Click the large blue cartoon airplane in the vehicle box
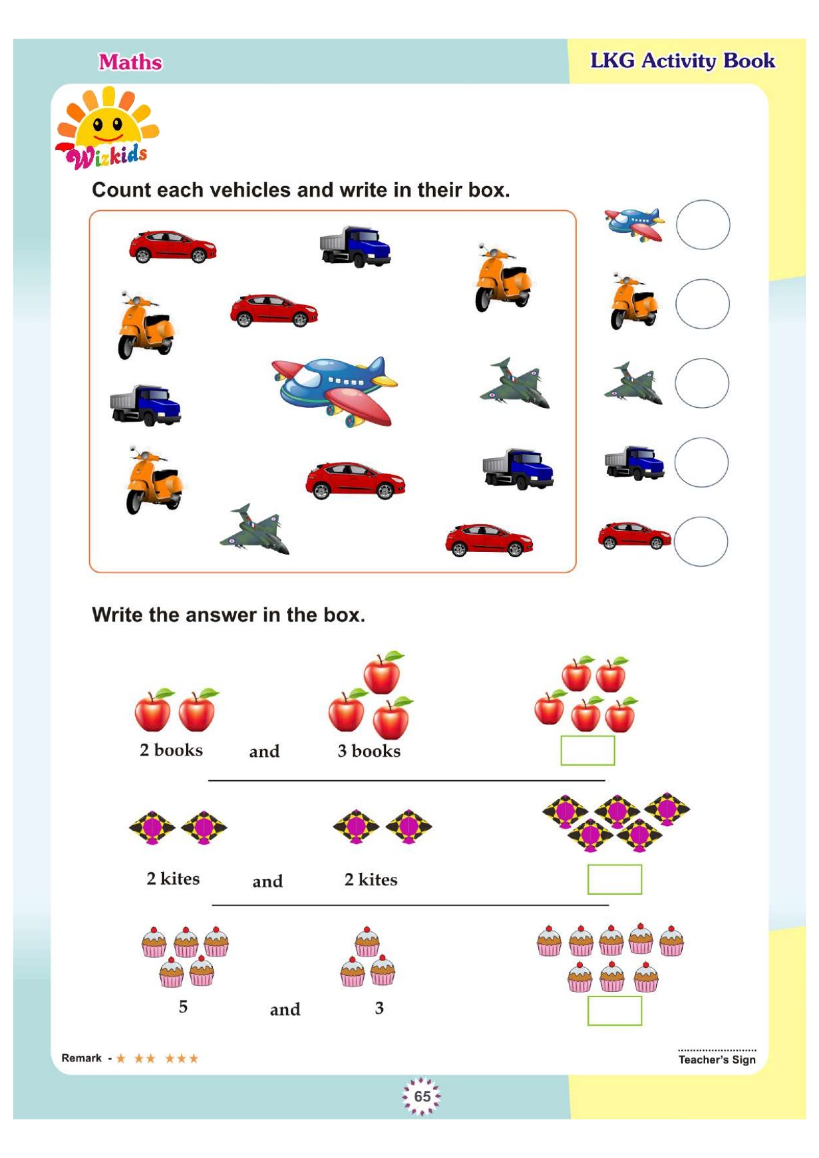(x=335, y=390)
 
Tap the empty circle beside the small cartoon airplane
(x=703, y=225)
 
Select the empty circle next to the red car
(x=701, y=542)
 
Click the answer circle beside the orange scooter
(x=702, y=304)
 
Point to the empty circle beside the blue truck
(x=701, y=463)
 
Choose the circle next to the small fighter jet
(x=702, y=383)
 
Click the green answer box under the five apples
(x=587, y=751)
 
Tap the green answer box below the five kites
(x=614, y=879)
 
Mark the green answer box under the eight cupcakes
(x=614, y=1011)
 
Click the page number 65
(x=422, y=1096)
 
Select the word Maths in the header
(x=131, y=62)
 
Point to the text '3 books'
(x=369, y=751)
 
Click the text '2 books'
(x=171, y=750)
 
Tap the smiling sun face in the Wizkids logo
(x=108, y=127)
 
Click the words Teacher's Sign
(x=717, y=1060)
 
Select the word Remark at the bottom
(x=82, y=1058)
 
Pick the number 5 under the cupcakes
(x=183, y=1007)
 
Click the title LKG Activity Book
(x=683, y=61)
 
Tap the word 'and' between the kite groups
(x=268, y=881)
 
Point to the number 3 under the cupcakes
(x=380, y=1008)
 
